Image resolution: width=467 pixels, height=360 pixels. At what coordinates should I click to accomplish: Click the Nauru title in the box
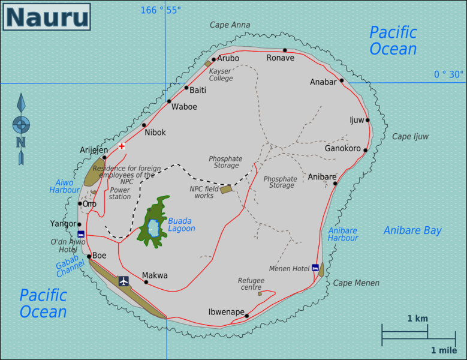(47, 17)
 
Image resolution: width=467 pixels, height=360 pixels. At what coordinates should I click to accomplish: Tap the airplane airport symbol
(123, 281)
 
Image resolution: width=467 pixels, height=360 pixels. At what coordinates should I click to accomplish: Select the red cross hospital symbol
(122, 146)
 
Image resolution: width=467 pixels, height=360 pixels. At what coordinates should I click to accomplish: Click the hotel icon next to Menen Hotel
(315, 268)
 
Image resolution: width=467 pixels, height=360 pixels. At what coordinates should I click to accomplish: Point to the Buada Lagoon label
(181, 224)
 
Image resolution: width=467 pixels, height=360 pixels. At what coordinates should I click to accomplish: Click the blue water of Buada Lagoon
(153, 228)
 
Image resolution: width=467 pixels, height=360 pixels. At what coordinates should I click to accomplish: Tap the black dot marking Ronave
(285, 50)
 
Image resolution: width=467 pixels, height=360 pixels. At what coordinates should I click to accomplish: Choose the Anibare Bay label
(412, 230)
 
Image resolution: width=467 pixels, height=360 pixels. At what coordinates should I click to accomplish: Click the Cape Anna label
(230, 25)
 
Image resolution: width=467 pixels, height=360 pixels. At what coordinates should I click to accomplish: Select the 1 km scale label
(417, 318)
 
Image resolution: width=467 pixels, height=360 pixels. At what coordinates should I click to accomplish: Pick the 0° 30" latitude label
(448, 74)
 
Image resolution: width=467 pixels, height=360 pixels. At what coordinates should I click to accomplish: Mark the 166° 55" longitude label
(161, 10)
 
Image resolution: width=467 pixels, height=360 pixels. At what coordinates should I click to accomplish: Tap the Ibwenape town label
(226, 312)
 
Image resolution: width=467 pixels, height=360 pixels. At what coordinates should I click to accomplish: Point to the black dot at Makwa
(145, 282)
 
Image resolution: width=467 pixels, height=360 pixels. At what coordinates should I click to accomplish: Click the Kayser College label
(221, 74)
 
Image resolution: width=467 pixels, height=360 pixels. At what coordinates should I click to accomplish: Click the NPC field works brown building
(225, 190)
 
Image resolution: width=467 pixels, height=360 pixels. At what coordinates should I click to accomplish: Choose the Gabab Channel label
(71, 268)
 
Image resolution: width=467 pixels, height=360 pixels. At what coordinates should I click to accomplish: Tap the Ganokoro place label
(342, 148)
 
